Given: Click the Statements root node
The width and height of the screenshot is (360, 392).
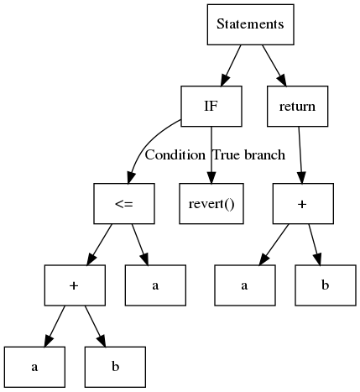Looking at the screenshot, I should (x=250, y=24).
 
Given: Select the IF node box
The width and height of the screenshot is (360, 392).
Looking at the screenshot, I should (x=211, y=107).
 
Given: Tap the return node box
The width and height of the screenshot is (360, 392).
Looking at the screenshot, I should (x=296, y=107).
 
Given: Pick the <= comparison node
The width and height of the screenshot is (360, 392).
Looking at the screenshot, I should (x=124, y=204).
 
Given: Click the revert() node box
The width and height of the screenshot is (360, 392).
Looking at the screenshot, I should (x=211, y=204).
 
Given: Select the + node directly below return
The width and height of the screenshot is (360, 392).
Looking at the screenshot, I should (x=303, y=204).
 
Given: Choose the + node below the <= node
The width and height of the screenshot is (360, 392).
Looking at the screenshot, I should (x=75, y=285).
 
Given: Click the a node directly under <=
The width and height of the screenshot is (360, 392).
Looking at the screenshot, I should (x=155, y=285).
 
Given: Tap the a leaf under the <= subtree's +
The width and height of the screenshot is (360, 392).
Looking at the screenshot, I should (x=34, y=367).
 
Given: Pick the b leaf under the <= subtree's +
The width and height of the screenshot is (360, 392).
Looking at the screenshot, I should (x=115, y=367).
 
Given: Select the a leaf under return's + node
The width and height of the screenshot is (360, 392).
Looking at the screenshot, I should (x=243, y=285).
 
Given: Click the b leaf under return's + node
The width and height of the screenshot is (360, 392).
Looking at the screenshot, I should (x=325, y=285).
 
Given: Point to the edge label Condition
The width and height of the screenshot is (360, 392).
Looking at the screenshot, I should (x=175, y=155).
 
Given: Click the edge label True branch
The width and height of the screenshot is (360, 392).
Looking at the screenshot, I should (x=248, y=155).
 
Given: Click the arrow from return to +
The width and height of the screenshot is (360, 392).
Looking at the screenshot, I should (x=300, y=155).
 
